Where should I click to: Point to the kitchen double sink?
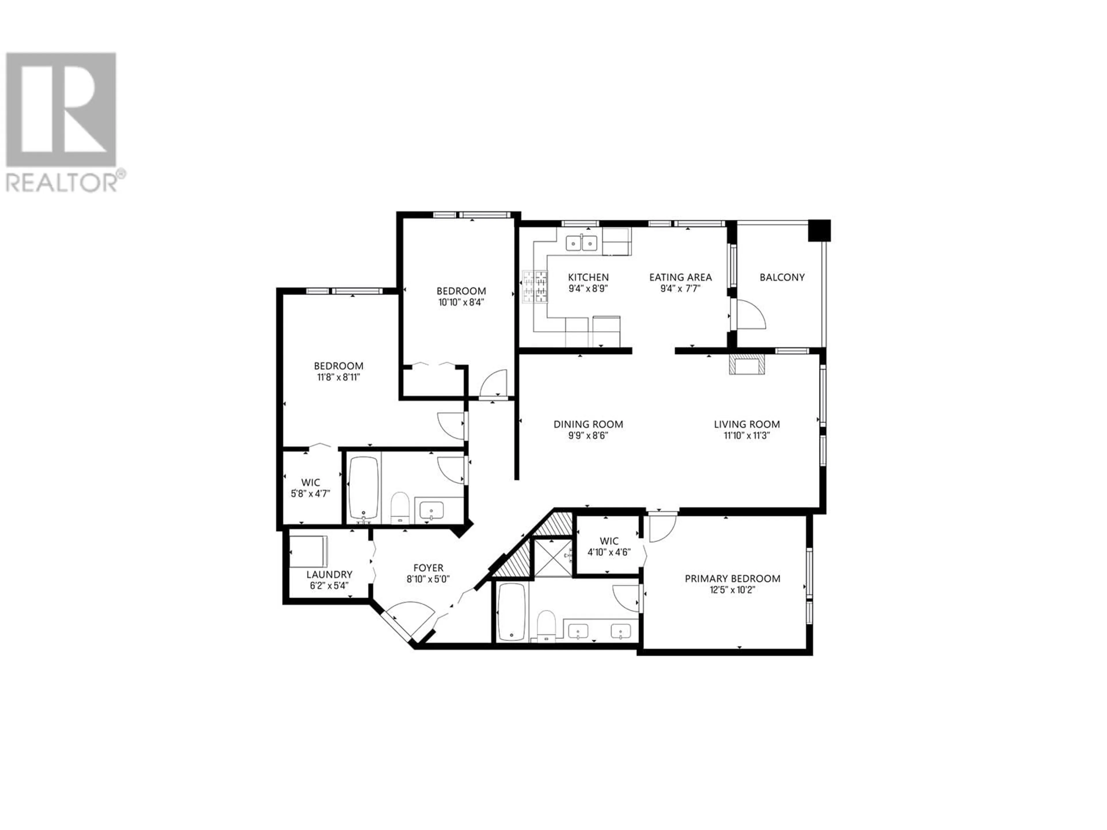(581, 243)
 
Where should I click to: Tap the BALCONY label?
(782, 277)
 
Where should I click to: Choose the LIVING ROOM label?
(747, 424)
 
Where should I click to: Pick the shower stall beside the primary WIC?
(553, 558)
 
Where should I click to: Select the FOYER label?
(428, 568)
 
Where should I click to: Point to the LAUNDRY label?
(329, 574)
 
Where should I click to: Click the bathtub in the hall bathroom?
(363, 488)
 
